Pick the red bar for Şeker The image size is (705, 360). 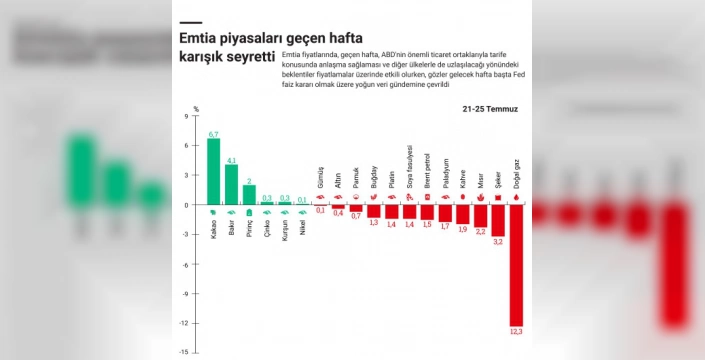498,220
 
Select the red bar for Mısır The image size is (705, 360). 480,215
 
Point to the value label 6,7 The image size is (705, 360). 213,134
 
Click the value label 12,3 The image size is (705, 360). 516,330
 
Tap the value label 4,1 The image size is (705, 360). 231,160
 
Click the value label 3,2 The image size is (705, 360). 498,242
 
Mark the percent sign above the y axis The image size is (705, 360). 196,108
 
